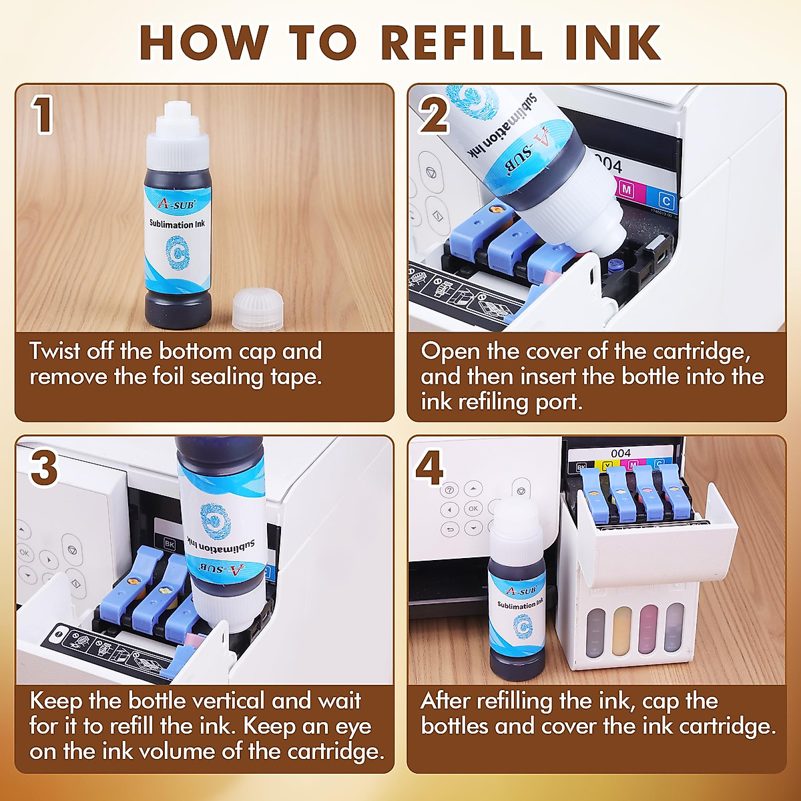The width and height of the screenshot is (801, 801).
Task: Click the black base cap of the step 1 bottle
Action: point(178,311)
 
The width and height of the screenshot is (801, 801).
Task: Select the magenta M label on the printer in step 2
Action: point(626,190)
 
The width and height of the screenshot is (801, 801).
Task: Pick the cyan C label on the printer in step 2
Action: point(665,200)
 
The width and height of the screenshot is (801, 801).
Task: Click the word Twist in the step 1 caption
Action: point(54,351)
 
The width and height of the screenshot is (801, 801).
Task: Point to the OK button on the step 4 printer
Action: point(473,509)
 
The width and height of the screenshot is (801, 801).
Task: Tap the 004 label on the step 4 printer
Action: point(620,454)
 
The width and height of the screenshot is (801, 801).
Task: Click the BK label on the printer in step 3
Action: point(170,544)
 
